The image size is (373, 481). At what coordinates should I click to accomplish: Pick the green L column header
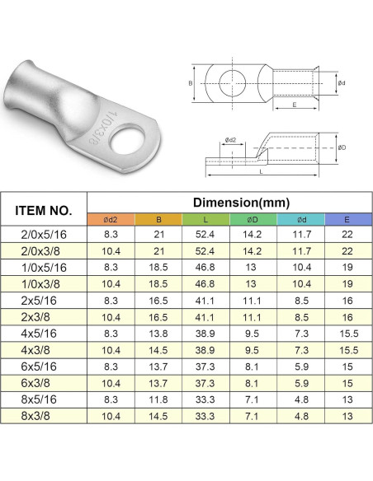(x=205, y=219)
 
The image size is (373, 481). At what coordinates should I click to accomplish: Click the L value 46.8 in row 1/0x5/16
(x=205, y=267)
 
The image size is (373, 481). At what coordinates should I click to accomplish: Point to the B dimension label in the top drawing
(x=191, y=83)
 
